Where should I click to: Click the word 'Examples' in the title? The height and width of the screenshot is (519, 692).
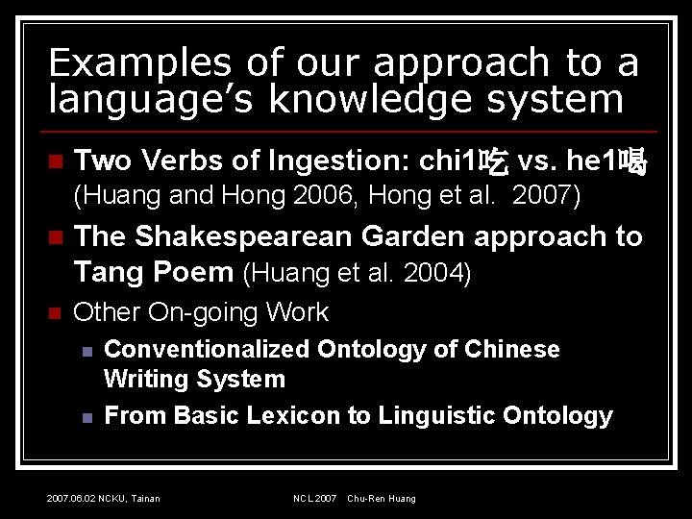pos(139,62)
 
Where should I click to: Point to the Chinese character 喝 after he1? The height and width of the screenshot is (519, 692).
pos(632,161)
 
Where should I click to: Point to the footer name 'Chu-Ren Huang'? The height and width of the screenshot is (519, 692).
pos(382,498)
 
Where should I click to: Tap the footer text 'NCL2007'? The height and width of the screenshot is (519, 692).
pos(315,498)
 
